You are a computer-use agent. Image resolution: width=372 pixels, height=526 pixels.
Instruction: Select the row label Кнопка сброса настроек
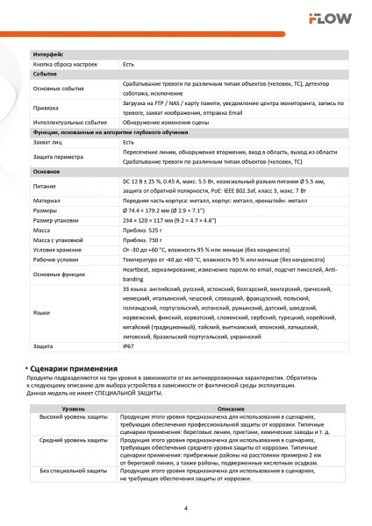pyautogui.click(x=64, y=65)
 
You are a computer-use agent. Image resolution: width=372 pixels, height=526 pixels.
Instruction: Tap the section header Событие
pyautogui.click(x=45, y=75)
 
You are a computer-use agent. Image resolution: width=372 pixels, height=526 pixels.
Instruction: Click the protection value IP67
pyautogui.click(x=129, y=372)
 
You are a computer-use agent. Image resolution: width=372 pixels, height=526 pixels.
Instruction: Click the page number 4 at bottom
pyautogui.click(x=186, y=508)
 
